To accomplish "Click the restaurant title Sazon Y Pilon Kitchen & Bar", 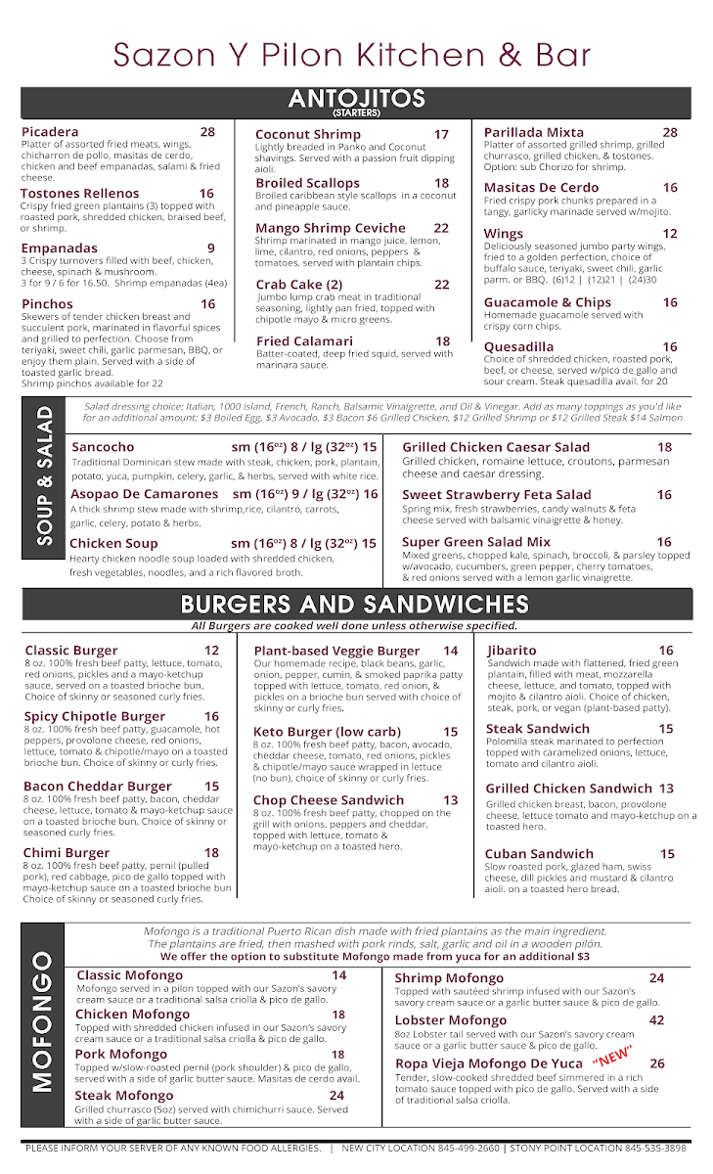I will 352,54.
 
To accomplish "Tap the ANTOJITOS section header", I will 356,100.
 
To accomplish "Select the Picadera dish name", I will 50,132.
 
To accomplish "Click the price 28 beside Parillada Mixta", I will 669,132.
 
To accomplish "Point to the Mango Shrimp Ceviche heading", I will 331,228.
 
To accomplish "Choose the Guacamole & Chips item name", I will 547,302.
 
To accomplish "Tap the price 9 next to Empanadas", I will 210,248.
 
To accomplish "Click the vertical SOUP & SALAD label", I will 44,482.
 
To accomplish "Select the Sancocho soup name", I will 103,447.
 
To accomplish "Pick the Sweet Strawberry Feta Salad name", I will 496,495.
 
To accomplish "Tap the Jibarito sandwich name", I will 512,651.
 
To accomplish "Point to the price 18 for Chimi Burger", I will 211,853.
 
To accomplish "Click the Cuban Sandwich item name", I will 539,854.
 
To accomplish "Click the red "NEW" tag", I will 612,1057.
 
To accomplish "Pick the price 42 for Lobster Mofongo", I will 656,1020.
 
